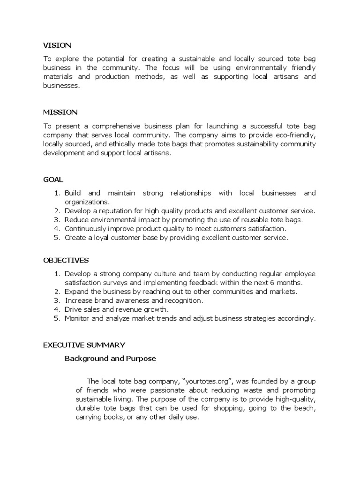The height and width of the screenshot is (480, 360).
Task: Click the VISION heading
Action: [x=57, y=45]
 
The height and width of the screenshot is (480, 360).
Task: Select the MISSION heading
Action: [x=60, y=112]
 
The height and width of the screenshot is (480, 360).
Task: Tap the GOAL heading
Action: [x=53, y=180]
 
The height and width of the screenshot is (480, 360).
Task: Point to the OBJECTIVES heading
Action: [x=66, y=260]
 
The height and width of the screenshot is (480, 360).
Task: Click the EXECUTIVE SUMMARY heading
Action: [x=84, y=345]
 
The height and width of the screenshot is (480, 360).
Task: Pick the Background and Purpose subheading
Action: [x=110, y=359]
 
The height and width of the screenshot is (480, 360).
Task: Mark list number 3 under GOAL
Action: [x=58, y=220]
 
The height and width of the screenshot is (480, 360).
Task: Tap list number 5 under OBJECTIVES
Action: [x=58, y=318]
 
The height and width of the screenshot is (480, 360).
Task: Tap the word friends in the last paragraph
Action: [x=97, y=390]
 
